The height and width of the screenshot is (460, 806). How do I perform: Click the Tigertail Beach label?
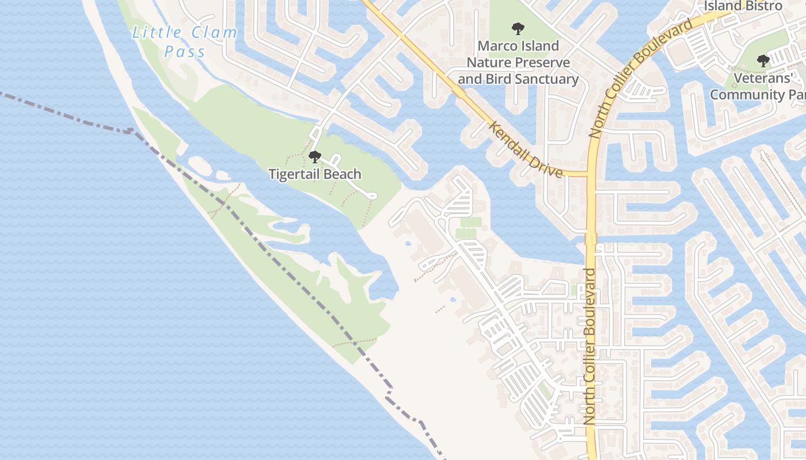click(x=315, y=174)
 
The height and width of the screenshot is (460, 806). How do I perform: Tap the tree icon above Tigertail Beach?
click(x=315, y=156)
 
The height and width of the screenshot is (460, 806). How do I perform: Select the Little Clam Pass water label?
click(x=185, y=42)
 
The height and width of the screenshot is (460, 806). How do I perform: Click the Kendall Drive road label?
click(x=525, y=149)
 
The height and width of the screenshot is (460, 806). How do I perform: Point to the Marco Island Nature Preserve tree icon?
click(x=518, y=28)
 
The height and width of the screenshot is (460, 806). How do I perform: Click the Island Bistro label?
click(x=743, y=6)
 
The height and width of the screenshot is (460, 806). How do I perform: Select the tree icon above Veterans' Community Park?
click(x=763, y=60)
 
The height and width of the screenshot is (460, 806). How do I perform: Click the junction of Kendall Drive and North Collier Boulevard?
click(x=590, y=174)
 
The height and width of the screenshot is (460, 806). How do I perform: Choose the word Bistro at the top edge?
click(x=762, y=6)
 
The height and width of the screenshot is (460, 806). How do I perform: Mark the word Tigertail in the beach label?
click(x=294, y=174)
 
